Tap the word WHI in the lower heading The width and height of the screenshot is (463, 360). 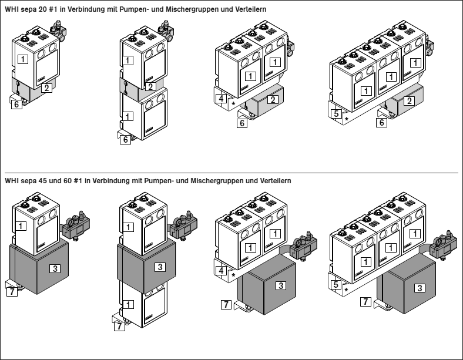(x=11, y=181)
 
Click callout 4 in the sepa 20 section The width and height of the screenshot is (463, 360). (x=221, y=98)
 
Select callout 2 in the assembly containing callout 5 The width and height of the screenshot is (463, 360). (x=408, y=102)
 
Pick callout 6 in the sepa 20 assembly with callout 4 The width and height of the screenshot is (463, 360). (x=242, y=123)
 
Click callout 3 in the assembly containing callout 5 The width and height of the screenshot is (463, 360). (x=420, y=288)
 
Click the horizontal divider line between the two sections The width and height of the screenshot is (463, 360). (x=231, y=173)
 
